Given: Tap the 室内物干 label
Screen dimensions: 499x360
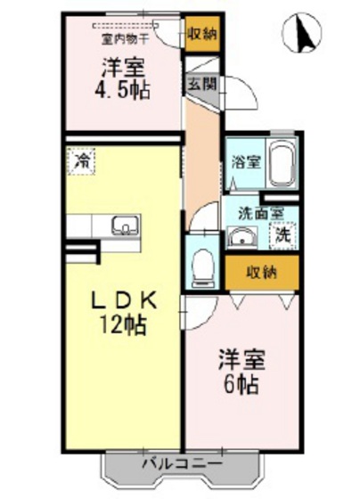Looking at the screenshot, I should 122,37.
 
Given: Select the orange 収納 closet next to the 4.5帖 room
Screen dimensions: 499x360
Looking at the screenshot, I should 201,35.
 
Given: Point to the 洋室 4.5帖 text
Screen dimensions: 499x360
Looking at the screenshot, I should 122,78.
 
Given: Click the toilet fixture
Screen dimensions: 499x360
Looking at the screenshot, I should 202,264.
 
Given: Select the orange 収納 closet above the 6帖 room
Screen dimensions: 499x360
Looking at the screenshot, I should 261,272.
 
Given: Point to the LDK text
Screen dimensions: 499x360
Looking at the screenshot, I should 125,301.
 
